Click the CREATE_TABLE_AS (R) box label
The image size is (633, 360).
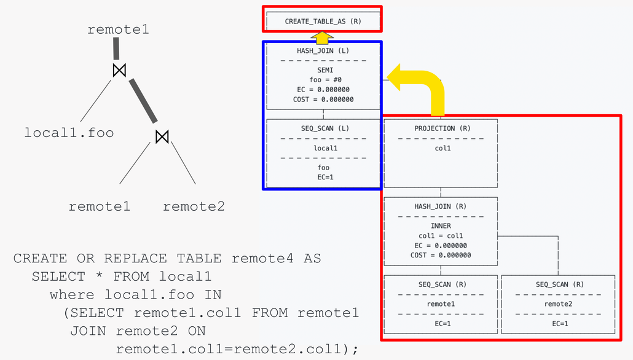(x=323, y=22)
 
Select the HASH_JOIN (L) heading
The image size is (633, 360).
(x=323, y=50)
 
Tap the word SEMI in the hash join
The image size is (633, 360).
(x=323, y=70)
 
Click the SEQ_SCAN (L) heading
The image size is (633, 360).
(x=323, y=128)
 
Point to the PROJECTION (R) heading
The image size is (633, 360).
(x=440, y=128)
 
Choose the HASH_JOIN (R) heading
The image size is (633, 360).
(x=440, y=206)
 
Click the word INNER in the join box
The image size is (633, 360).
(x=440, y=226)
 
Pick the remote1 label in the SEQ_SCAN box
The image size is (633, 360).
(x=440, y=303)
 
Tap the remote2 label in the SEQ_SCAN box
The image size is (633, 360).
(x=558, y=303)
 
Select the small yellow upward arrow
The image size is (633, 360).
(x=321, y=37)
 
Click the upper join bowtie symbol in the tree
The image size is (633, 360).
(x=119, y=71)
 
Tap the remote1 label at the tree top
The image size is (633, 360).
(x=118, y=29)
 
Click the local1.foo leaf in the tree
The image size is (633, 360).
(x=69, y=132)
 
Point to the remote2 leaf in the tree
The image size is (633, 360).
(x=194, y=206)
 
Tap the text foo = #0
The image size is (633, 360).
(x=323, y=80)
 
